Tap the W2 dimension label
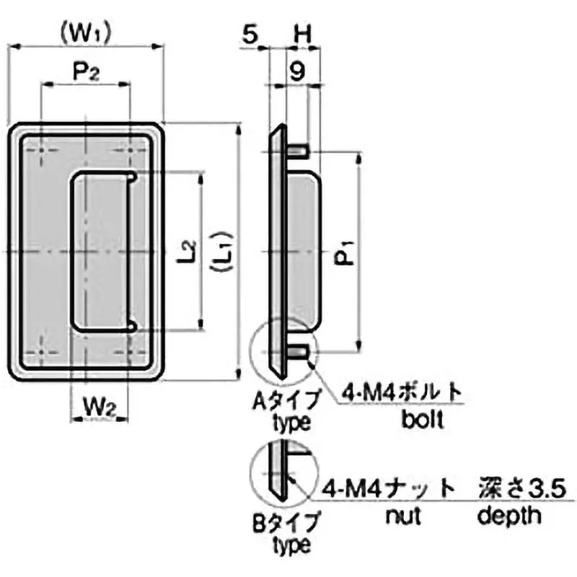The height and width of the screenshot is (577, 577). pos(100,406)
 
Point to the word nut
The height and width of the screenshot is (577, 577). pos(402,515)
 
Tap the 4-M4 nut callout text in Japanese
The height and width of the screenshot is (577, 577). pos(389,488)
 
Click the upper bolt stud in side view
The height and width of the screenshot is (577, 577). pos(301,151)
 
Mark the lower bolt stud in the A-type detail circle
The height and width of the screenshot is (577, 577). pos(302,352)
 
